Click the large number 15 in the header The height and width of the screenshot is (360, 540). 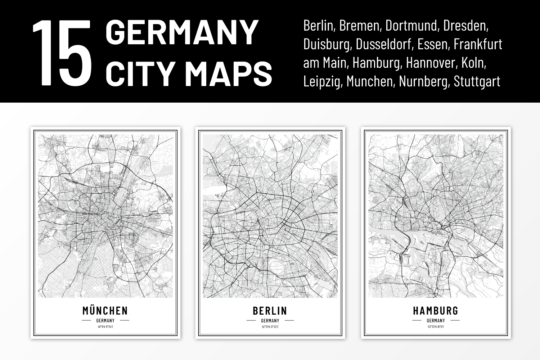(62, 53)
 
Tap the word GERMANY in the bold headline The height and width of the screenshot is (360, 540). (182, 32)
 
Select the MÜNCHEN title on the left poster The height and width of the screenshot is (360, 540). (105, 311)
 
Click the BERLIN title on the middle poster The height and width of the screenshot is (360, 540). (270, 311)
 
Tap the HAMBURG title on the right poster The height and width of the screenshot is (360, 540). (436, 311)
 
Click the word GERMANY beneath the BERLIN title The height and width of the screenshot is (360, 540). (270, 320)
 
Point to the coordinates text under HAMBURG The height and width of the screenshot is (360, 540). (436, 327)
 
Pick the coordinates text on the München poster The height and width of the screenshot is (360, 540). (105, 327)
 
